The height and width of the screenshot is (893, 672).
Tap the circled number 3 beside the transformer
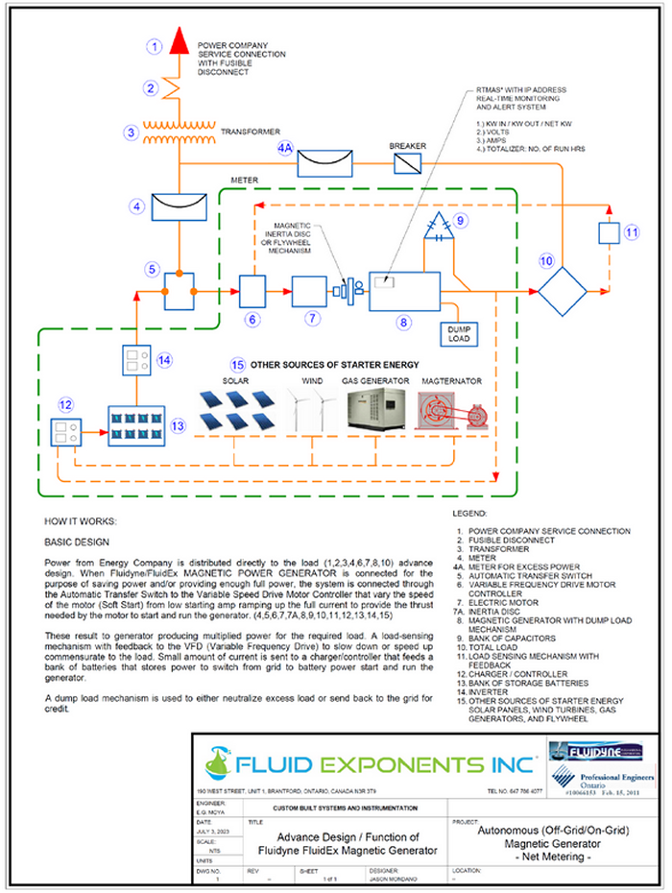132,133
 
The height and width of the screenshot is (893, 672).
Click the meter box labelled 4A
325,165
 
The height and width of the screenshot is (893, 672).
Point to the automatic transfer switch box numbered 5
180,289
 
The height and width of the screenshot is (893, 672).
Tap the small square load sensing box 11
610,233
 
